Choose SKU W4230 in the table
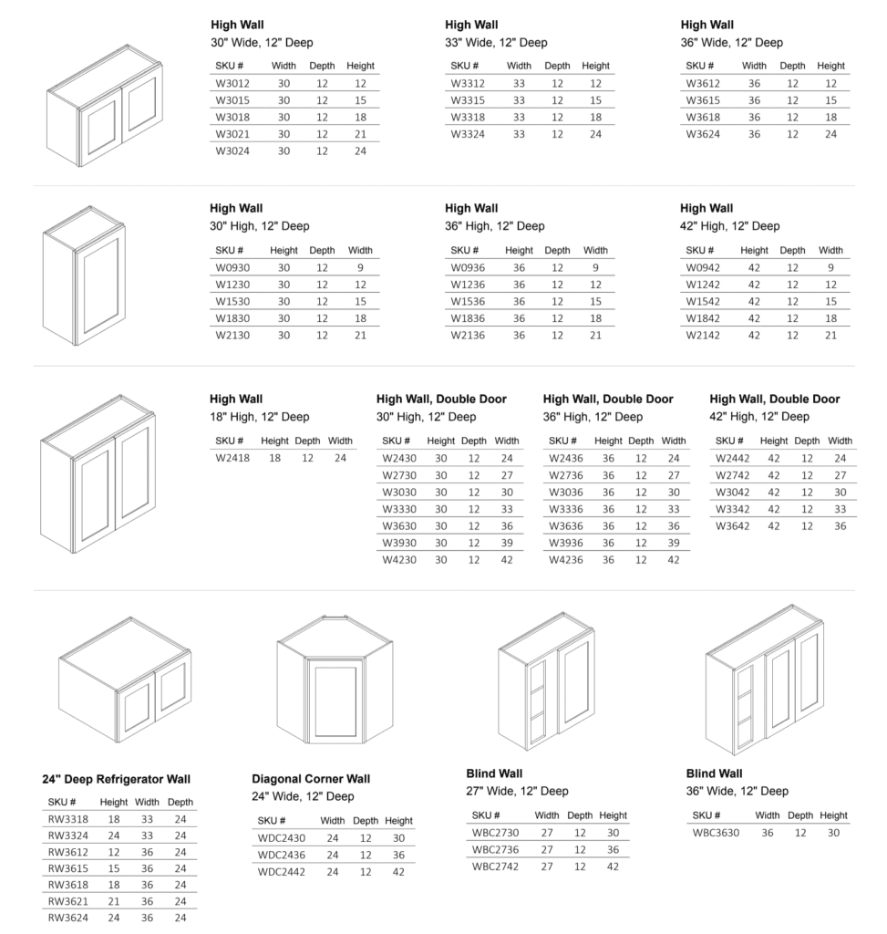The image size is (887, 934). pyautogui.click(x=398, y=560)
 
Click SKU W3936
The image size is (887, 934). pyautogui.click(x=565, y=543)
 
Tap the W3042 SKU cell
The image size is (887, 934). pyautogui.click(x=732, y=492)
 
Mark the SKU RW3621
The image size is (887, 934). pyautogui.click(x=67, y=901)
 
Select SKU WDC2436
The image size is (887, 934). pyautogui.click(x=281, y=855)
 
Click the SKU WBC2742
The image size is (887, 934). pyautogui.click(x=495, y=867)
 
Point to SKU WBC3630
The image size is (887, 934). pyautogui.click(x=716, y=833)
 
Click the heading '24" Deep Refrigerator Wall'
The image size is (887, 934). pyautogui.click(x=116, y=780)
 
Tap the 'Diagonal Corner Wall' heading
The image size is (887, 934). pyautogui.click(x=311, y=779)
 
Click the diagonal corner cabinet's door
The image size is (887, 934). pyautogui.click(x=335, y=700)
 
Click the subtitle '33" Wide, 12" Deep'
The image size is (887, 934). pyautogui.click(x=496, y=43)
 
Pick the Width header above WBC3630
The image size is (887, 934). pyautogui.click(x=768, y=815)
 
